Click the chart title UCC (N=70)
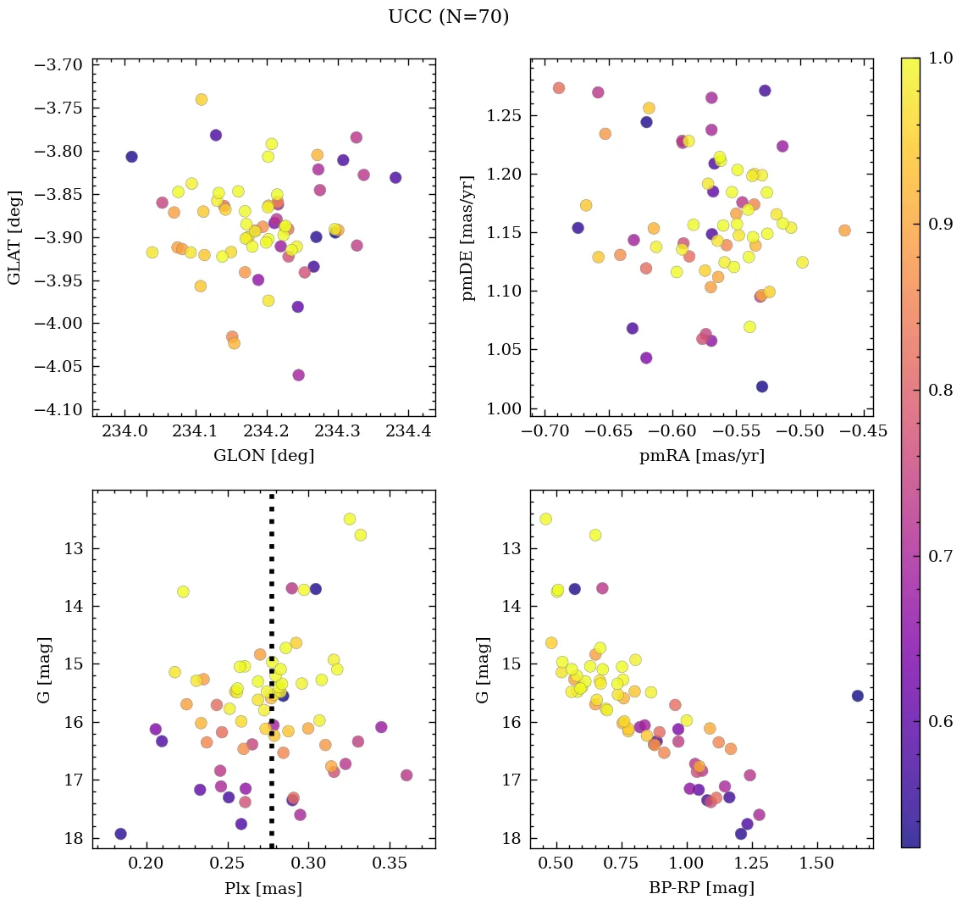tap(448, 17)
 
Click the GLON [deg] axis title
tap(263, 456)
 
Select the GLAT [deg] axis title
tap(14, 237)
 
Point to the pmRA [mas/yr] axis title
tap(701, 456)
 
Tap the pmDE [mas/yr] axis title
tap(468, 237)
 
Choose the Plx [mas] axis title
tap(263, 888)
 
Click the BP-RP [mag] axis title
tap(701, 888)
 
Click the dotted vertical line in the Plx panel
tap(271, 678)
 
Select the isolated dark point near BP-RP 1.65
tap(858, 696)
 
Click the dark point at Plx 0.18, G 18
tap(121, 834)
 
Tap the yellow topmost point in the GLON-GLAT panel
tap(202, 99)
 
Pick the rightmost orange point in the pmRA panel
tap(844, 230)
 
